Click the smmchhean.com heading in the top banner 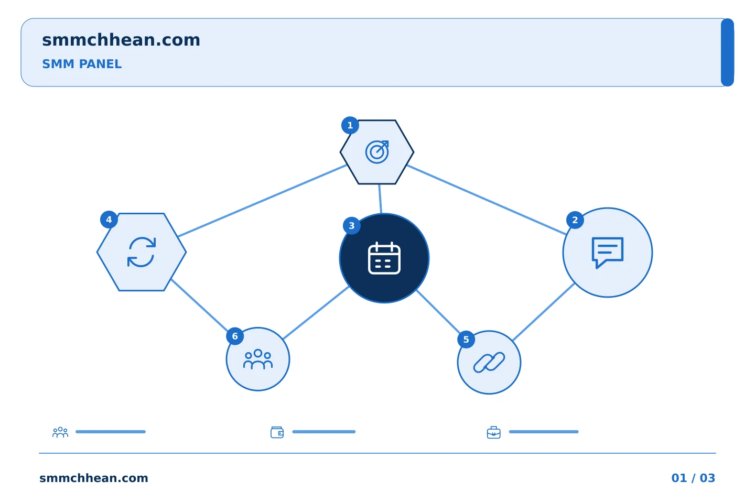(x=121, y=40)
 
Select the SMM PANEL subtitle (x=82, y=64)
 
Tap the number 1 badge (x=350, y=125)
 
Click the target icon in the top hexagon (x=377, y=152)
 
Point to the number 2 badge (x=575, y=220)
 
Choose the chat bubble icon (x=608, y=253)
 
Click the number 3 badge (x=351, y=226)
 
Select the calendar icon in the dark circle (x=384, y=258)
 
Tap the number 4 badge (x=109, y=220)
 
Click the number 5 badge (x=466, y=340)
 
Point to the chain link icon (x=489, y=363)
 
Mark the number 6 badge (x=235, y=336)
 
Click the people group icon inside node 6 (x=258, y=359)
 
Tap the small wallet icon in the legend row (x=277, y=432)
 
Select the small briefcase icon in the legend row (x=494, y=432)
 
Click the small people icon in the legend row (x=60, y=432)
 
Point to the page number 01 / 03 (x=693, y=478)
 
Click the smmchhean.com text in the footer (x=94, y=478)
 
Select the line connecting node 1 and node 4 (x=263, y=201)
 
